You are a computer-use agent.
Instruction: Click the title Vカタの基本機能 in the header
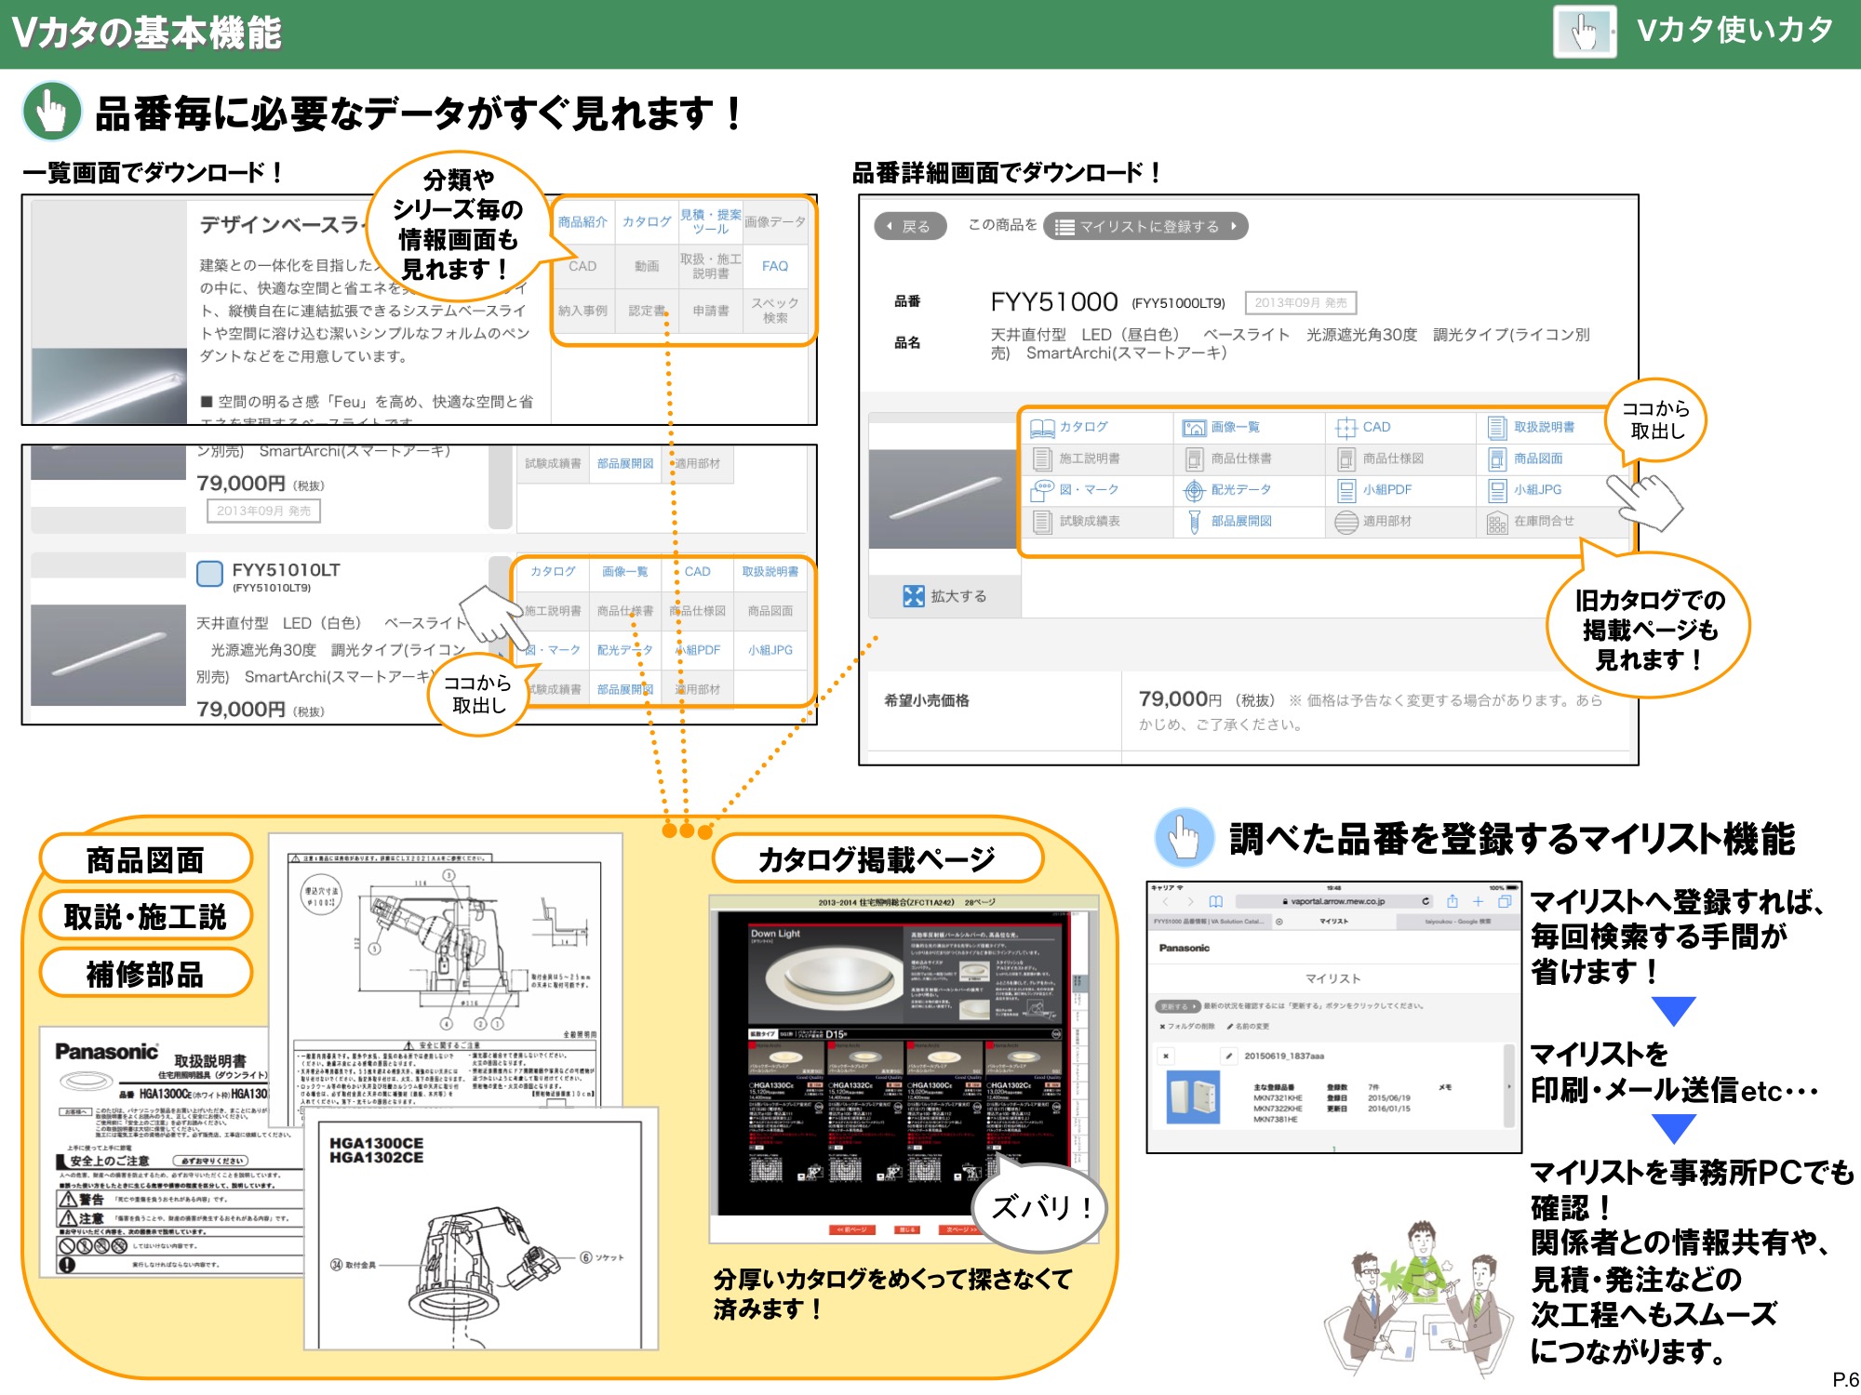click(x=147, y=33)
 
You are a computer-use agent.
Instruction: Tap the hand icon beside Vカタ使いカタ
click(x=1584, y=33)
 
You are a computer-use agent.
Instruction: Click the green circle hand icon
click(x=52, y=112)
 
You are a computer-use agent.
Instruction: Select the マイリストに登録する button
click(x=1146, y=226)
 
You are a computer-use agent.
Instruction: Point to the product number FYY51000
click(x=1053, y=302)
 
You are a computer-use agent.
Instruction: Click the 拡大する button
click(x=945, y=596)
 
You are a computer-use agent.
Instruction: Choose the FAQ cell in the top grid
click(x=774, y=266)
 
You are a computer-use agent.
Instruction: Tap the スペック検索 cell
click(x=774, y=310)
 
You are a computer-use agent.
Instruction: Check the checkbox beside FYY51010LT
click(x=209, y=573)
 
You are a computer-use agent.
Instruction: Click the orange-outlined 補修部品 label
click(x=145, y=974)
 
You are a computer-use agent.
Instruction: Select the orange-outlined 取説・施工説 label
click(x=145, y=917)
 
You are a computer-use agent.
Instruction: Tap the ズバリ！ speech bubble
click(x=1040, y=1207)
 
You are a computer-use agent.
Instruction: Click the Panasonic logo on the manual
click(x=106, y=1052)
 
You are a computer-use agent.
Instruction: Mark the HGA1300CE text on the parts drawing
click(x=376, y=1143)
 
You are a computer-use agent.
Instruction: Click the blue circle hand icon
click(x=1184, y=837)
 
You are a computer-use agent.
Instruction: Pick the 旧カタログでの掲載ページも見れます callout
click(x=1649, y=630)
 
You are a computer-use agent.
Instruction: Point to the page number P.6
click(x=1844, y=1379)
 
